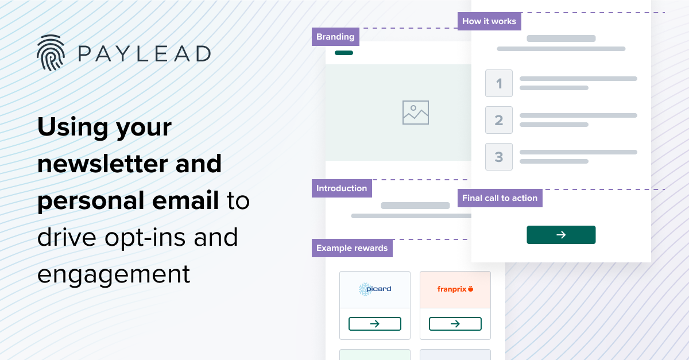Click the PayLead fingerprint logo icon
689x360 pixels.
[x=51, y=53]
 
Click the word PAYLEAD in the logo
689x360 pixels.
[x=144, y=54]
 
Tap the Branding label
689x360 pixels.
[x=335, y=37]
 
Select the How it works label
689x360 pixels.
[x=489, y=21]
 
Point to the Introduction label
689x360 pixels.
[x=342, y=188]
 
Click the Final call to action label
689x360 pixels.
[x=500, y=198]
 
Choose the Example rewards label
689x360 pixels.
[x=352, y=248]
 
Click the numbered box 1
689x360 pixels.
[x=499, y=83]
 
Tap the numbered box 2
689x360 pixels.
[x=499, y=120]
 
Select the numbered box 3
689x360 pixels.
[x=499, y=157]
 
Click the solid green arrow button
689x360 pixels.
[x=561, y=235]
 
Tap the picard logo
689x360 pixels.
[x=375, y=289]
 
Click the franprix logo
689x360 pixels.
[x=455, y=289]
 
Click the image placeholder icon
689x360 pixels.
[x=416, y=113]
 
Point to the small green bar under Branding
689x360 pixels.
[x=344, y=53]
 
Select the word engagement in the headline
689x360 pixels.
[x=114, y=274]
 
